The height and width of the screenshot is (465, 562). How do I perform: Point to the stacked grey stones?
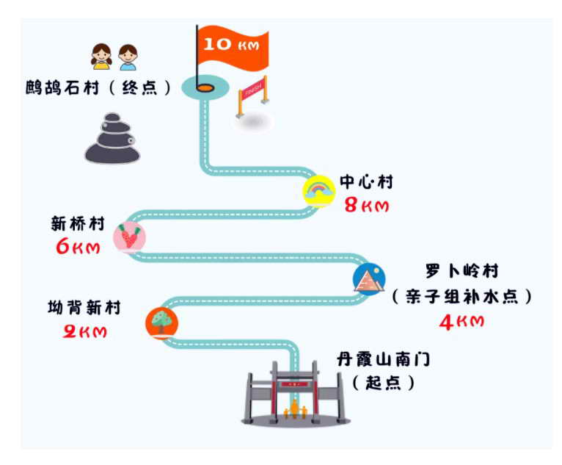(112, 140)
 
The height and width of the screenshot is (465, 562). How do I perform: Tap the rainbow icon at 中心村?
(319, 191)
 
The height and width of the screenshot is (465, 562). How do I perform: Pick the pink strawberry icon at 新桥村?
(130, 237)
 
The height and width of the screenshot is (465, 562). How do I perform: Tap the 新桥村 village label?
(78, 223)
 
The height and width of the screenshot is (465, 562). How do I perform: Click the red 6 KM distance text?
(78, 247)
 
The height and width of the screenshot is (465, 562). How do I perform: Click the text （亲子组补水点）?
(461, 297)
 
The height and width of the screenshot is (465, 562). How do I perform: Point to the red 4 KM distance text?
(461, 322)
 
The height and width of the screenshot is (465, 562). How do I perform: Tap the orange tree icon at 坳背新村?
(161, 321)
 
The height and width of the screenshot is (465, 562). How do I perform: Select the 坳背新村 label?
(84, 309)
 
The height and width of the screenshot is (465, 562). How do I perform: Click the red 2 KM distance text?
(84, 331)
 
